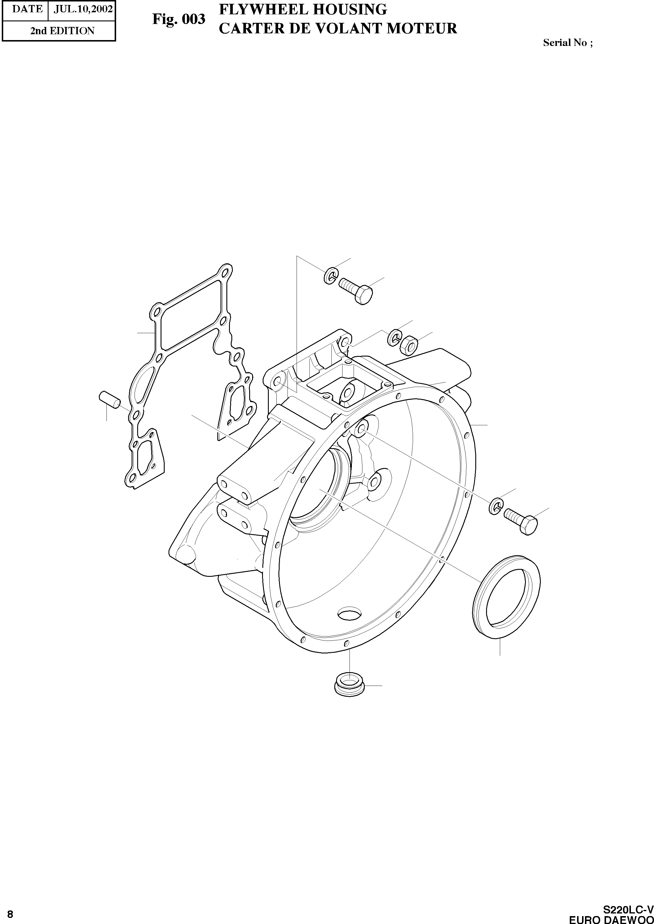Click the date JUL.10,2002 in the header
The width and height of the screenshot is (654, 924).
83,9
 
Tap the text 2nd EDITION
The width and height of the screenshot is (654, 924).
62,31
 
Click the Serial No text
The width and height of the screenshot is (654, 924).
568,43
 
